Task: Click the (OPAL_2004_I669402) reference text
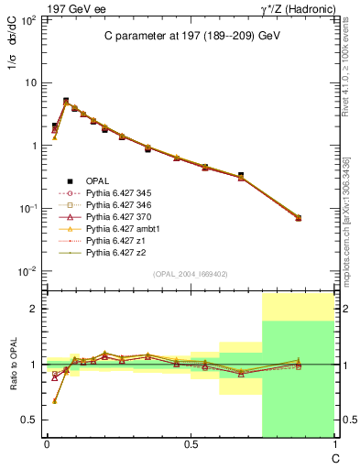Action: [188, 273]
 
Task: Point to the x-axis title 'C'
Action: [333, 456]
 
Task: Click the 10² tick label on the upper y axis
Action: [29, 19]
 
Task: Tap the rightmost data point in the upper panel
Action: [299, 217]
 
